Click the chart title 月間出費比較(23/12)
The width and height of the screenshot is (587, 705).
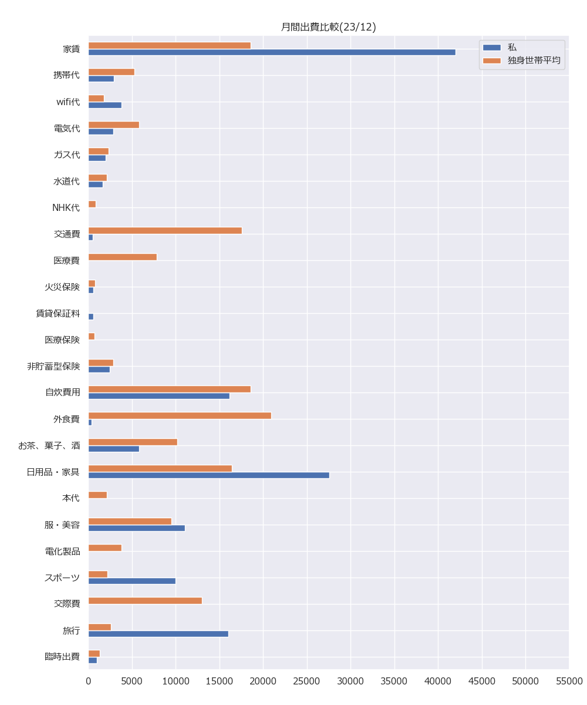[328, 27]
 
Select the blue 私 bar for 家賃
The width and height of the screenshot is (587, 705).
[272, 52]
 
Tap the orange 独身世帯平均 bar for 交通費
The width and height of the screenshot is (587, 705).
[165, 230]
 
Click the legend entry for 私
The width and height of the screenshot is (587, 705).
[512, 47]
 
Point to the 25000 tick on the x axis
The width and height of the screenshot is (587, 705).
[307, 681]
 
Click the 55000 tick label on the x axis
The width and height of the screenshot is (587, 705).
[569, 681]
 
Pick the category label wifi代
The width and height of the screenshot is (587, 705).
[68, 102]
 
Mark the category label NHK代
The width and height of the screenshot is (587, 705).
[66, 207]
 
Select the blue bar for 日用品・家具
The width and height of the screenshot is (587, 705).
[208, 475]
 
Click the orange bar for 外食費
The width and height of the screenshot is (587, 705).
[180, 415]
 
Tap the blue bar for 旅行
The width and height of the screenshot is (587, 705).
[158, 634]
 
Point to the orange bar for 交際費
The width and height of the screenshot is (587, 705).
[145, 600]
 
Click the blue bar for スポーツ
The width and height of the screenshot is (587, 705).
[132, 581]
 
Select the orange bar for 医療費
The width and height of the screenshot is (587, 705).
[123, 257]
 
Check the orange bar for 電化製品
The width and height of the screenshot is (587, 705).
[105, 548]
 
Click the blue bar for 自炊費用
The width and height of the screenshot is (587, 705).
[158, 396]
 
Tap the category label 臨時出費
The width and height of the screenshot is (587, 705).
[62, 657]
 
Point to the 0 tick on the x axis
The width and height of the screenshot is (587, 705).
[89, 681]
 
